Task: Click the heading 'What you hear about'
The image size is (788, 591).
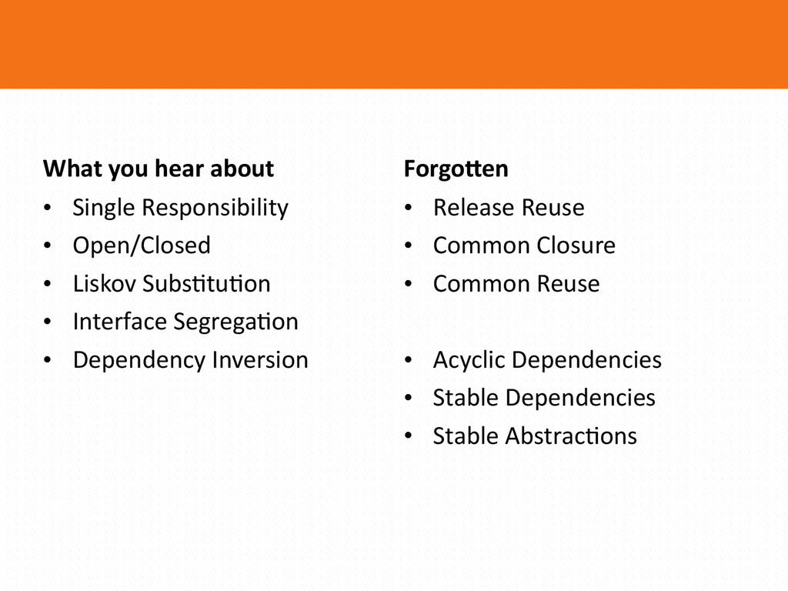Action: [159, 169]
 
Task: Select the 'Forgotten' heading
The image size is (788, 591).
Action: [456, 169]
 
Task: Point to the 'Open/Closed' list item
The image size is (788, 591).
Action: [142, 245]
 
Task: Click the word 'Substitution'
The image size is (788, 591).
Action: [206, 283]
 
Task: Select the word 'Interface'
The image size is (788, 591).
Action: [119, 322]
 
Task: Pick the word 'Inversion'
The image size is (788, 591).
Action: [260, 360]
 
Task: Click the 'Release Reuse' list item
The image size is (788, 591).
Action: [509, 208]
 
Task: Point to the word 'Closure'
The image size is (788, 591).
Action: [576, 245]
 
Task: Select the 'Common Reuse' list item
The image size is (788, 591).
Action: [516, 284]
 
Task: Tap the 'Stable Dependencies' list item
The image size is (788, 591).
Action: [544, 398]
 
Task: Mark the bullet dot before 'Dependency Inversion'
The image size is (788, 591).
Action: [48, 360]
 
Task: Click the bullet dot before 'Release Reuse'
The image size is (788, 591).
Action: [408, 208]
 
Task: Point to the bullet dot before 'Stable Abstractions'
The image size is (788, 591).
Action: [408, 436]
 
